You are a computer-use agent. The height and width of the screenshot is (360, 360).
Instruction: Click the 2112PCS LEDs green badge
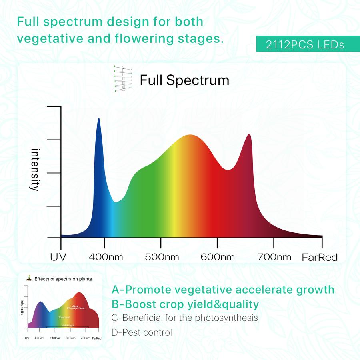pyautogui.click(x=305, y=44)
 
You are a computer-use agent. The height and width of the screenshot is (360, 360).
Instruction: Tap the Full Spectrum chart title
pyautogui.click(x=184, y=80)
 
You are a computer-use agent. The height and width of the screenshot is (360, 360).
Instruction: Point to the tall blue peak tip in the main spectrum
pyautogui.click(x=99, y=119)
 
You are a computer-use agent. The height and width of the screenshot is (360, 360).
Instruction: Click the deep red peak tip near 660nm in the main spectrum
pyautogui.click(x=250, y=135)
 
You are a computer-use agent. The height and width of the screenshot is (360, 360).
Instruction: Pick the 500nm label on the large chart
pyautogui.click(x=162, y=256)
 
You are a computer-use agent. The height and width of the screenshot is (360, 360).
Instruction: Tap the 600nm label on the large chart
pyautogui.click(x=218, y=256)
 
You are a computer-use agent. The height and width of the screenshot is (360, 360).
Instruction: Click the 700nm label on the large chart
pyautogui.click(x=274, y=256)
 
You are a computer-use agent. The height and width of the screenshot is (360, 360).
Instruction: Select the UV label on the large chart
pyautogui.click(x=58, y=256)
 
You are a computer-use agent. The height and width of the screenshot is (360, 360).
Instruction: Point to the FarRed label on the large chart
pyautogui.click(x=320, y=257)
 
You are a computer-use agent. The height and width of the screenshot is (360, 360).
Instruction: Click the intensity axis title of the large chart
pyautogui.click(x=35, y=170)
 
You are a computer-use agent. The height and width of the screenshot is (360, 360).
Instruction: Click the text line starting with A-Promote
pyautogui.click(x=223, y=289)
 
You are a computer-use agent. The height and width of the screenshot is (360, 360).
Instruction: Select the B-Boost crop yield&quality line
pyautogui.click(x=185, y=304)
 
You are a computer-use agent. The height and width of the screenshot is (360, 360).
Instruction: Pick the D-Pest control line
pyautogui.click(x=142, y=332)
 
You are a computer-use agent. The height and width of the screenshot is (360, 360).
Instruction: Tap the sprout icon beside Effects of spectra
pyautogui.click(x=28, y=278)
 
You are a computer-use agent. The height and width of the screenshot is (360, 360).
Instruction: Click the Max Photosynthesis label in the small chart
pyautogui.click(x=75, y=307)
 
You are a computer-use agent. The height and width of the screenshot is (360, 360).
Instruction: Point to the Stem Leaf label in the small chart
pyautogui.click(x=64, y=317)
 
